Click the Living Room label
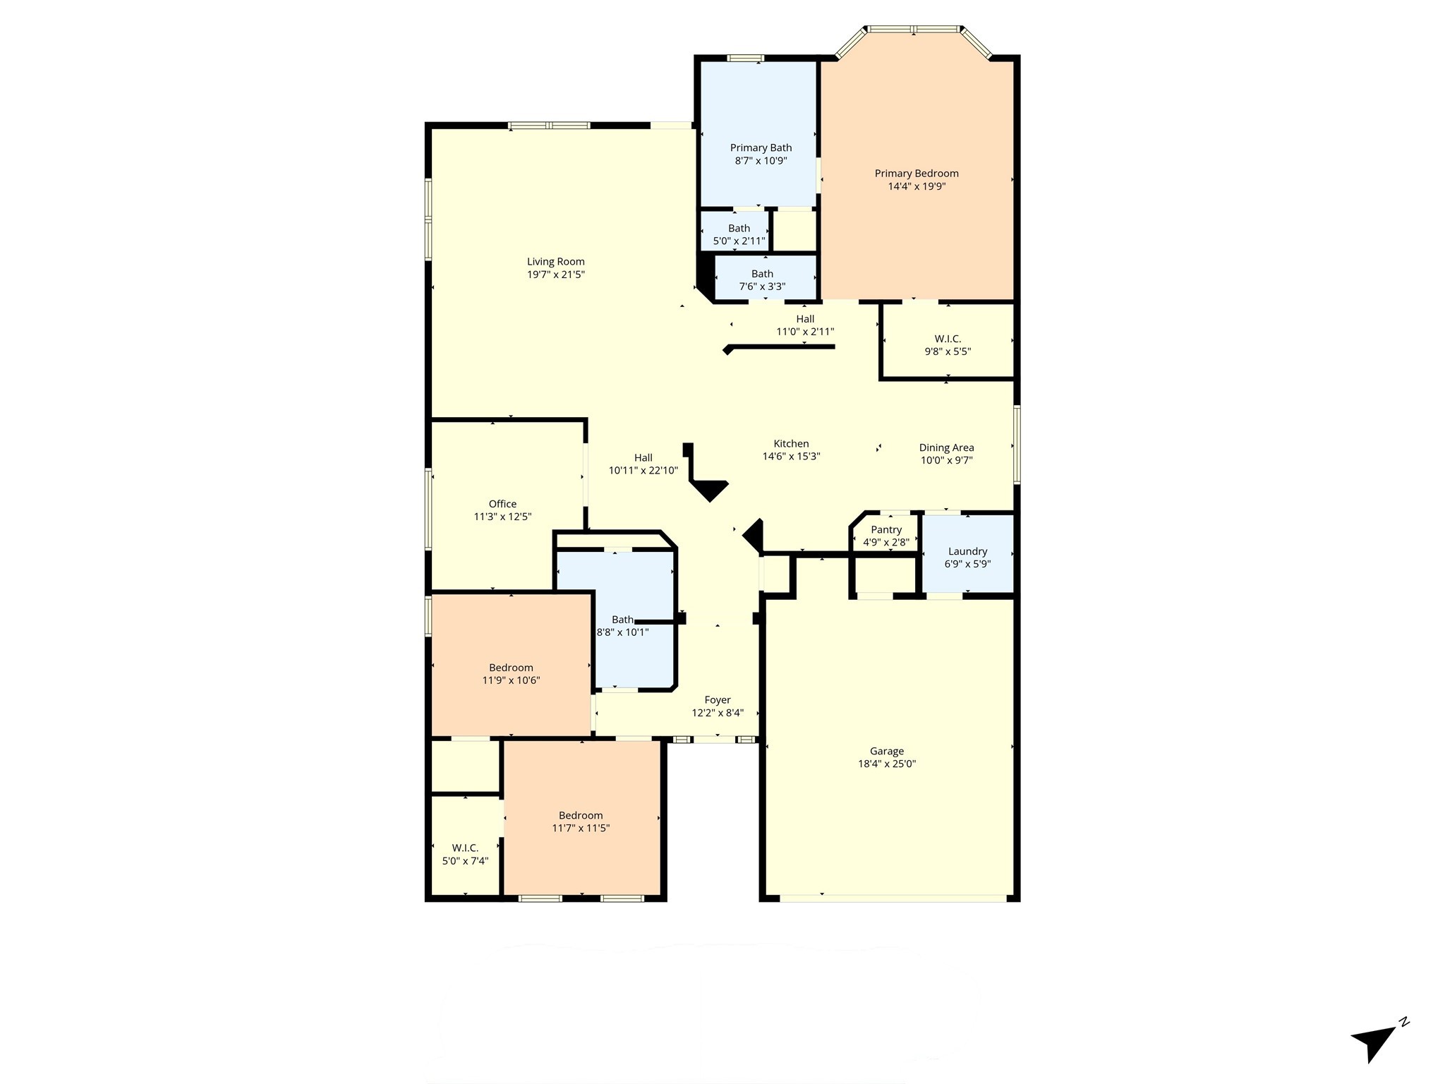pos(556,262)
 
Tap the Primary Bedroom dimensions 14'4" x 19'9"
pos(917,187)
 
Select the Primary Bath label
pos(761,147)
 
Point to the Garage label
pos(887,752)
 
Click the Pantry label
pos(886,530)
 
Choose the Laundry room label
pos(967,551)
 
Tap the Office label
pos(502,504)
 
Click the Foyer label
pos(718,700)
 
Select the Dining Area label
pos(946,447)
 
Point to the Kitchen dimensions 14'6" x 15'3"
pos(791,457)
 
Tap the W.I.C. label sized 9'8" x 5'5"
pos(948,339)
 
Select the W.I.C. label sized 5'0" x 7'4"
pos(465,848)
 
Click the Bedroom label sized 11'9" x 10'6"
pos(511,668)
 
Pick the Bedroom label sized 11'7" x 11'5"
pos(581,815)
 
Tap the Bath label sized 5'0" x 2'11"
pos(739,228)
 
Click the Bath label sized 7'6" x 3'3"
pos(762,274)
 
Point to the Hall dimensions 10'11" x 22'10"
pos(643,471)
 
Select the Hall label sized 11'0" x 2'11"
pos(805,319)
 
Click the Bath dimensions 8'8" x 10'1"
pos(622,633)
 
